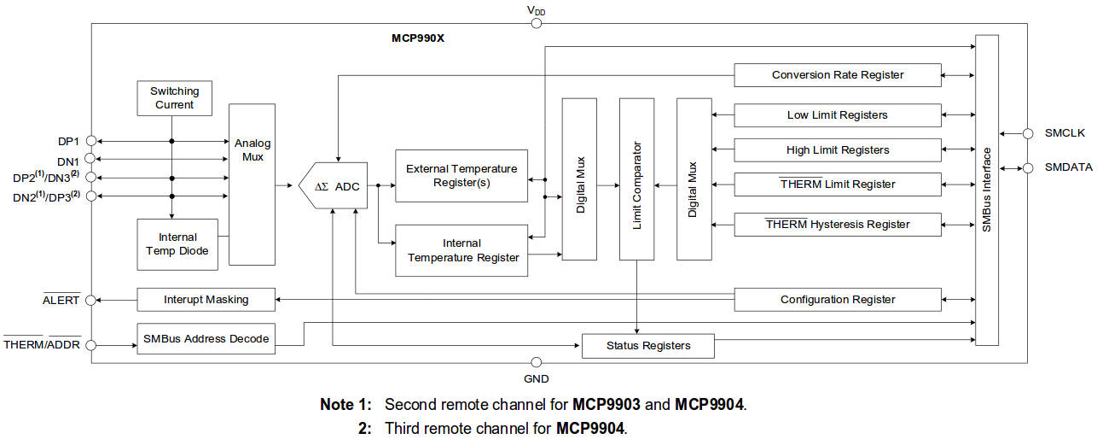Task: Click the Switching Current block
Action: pos(174,98)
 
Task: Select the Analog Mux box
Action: pos(252,184)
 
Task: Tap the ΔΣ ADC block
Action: pos(334,186)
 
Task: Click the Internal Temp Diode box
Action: pos(177,243)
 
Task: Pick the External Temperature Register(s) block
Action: pos(461,176)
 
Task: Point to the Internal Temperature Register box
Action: pos(461,250)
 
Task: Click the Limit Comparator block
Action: pos(636,179)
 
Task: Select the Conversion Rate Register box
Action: pos(837,75)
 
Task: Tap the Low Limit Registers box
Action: pos(837,115)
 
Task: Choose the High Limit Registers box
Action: pos(837,150)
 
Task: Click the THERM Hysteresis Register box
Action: pos(837,225)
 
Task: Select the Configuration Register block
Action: pos(837,300)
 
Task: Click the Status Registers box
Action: pos(647,346)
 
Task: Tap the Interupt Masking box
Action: pos(206,300)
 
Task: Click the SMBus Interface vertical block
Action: pos(987,190)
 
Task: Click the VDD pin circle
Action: pos(536,22)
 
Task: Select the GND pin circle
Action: pos(536,363)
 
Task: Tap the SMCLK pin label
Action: pos(1064,133)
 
